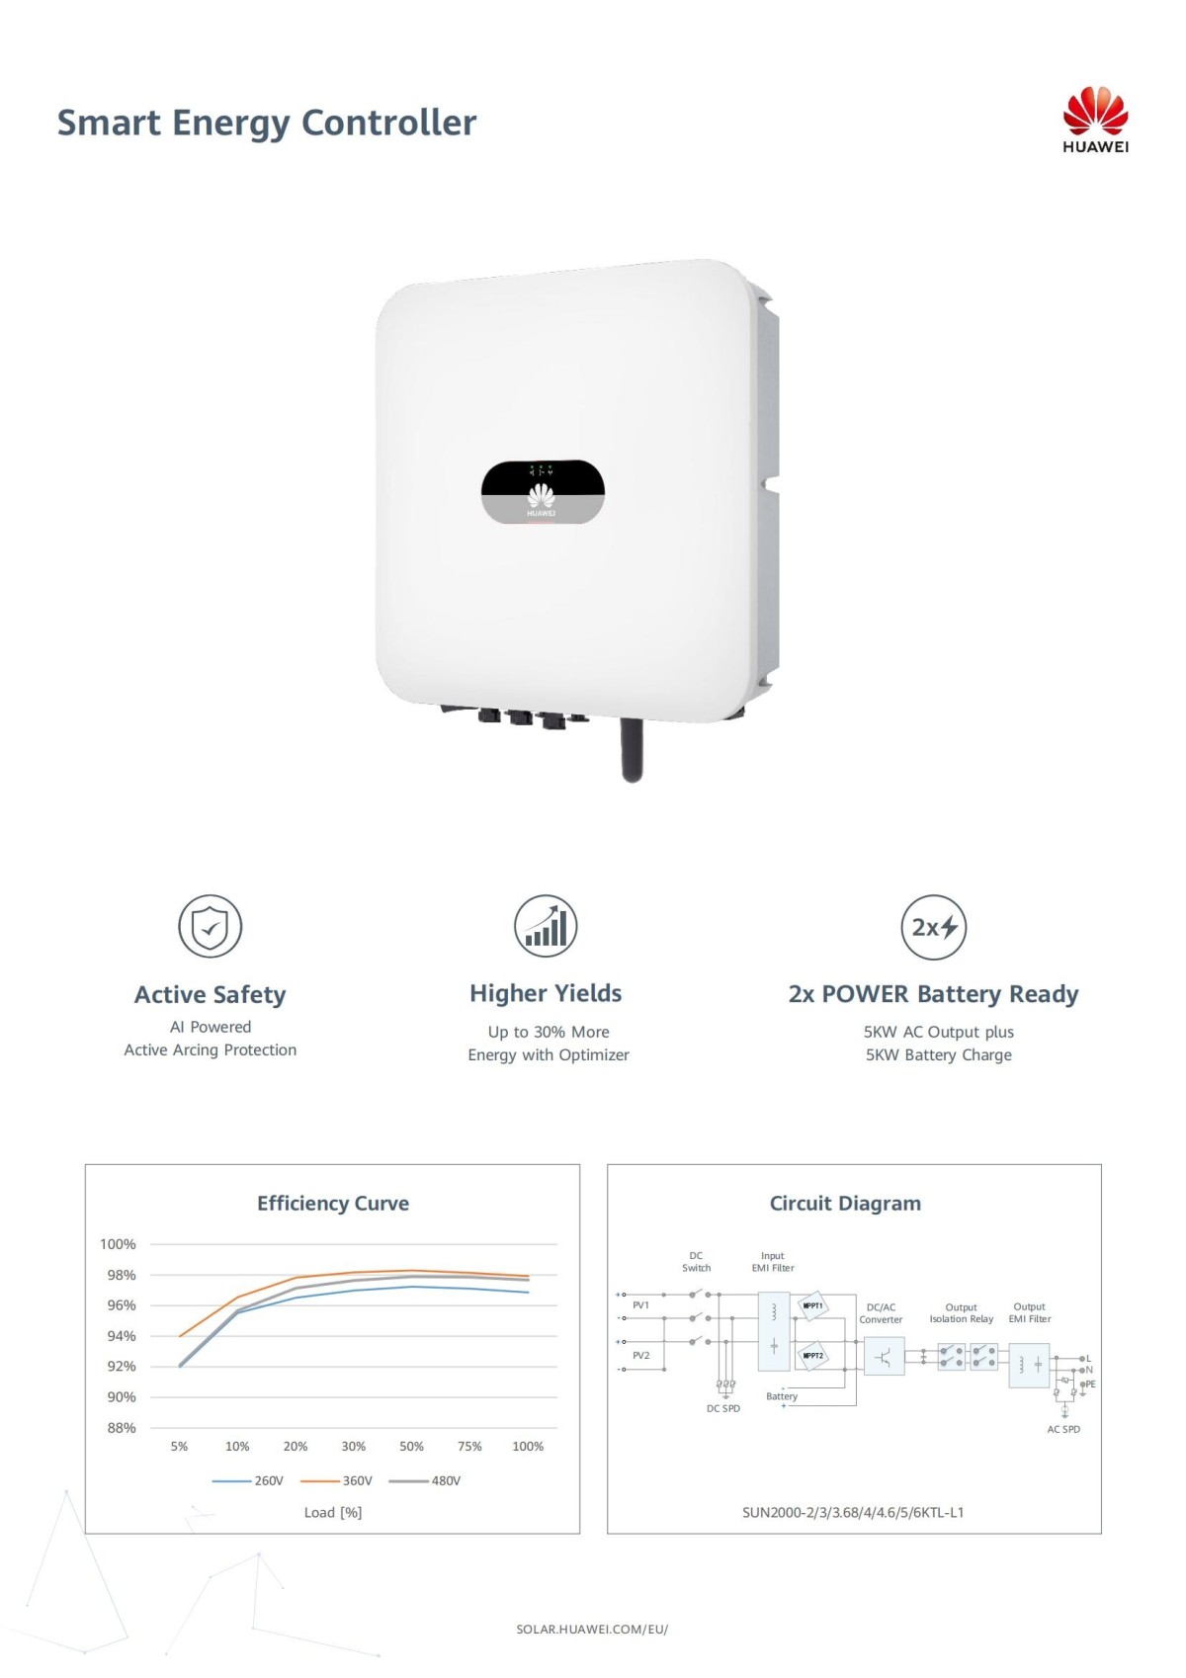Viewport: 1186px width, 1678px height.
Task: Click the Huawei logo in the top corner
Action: coord(1095,119)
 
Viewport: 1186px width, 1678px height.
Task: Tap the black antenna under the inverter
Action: coord(632,750)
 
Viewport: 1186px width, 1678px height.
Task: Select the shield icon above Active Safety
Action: coord(210,926)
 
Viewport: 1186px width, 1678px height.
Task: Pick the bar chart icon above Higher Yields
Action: coord(546,926)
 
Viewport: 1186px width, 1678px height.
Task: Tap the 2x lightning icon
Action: coord(933,927)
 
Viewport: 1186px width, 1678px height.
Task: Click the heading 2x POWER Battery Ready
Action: coord(933,993)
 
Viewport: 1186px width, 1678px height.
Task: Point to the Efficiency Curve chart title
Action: coord(333,1203)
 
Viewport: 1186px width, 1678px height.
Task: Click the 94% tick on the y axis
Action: coord(122,1336)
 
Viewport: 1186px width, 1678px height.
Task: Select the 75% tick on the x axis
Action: coord(469,1446)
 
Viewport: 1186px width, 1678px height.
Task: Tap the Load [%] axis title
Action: coord(333,1512)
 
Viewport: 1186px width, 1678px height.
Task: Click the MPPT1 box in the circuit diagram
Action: coord(812,1305)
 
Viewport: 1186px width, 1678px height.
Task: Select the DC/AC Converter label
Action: coord(881,1313)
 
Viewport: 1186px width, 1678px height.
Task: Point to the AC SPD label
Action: coord(1063,1429)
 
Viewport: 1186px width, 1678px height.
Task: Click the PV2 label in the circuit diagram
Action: coord(641,1355)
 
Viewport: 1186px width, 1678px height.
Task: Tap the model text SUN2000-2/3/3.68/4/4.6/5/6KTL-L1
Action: coord(853,1512)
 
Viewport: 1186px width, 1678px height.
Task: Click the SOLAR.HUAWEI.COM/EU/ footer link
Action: coord(592,1629)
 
